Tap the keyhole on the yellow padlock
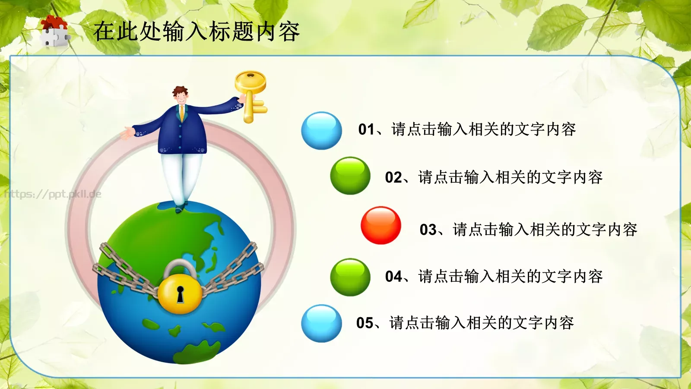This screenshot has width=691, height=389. pyautogui.click(x=180, y=294)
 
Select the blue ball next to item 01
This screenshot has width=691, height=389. pyautogui.click(x=321, y=131)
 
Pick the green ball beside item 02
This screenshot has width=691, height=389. pyautogui.click(x=350, y=175)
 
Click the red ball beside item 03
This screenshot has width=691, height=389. pyautogui.click(x=380, y=225)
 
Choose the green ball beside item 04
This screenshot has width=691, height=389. pyautogui.click(x=350, y=277)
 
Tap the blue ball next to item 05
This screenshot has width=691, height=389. pyautogui.click(x=321, y=323)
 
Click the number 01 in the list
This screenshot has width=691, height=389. pyautogui.click(x=366, y=129)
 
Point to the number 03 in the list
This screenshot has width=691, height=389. pyautogui.click(x=428, y=230)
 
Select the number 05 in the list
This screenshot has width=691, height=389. pyautogui.click(x=365, y=323)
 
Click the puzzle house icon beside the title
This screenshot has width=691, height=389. pyautogui.click(x=54, y=31)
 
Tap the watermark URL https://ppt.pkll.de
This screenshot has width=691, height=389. pyautogui.click(x=53, y=194)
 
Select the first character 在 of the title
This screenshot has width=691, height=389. pyautogui.click(x=104, y=32)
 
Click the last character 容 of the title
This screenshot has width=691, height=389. pyautogui.click(x=288, y=32)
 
